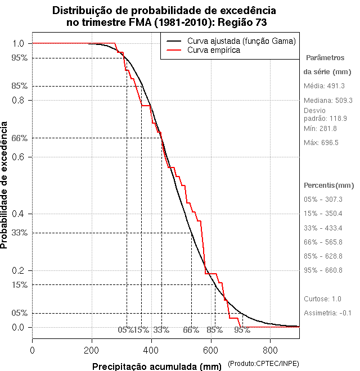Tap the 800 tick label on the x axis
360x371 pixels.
270,350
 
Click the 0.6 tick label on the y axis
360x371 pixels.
18,157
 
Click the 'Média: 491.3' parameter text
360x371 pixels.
324,86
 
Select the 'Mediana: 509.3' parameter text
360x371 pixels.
328,100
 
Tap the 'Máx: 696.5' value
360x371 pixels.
321,143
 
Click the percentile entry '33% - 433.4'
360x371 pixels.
323,228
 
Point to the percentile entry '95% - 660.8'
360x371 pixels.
323,270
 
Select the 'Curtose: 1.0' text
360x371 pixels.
322,298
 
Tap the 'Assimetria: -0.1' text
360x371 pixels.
327,313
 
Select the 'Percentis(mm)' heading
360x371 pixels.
329,185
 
